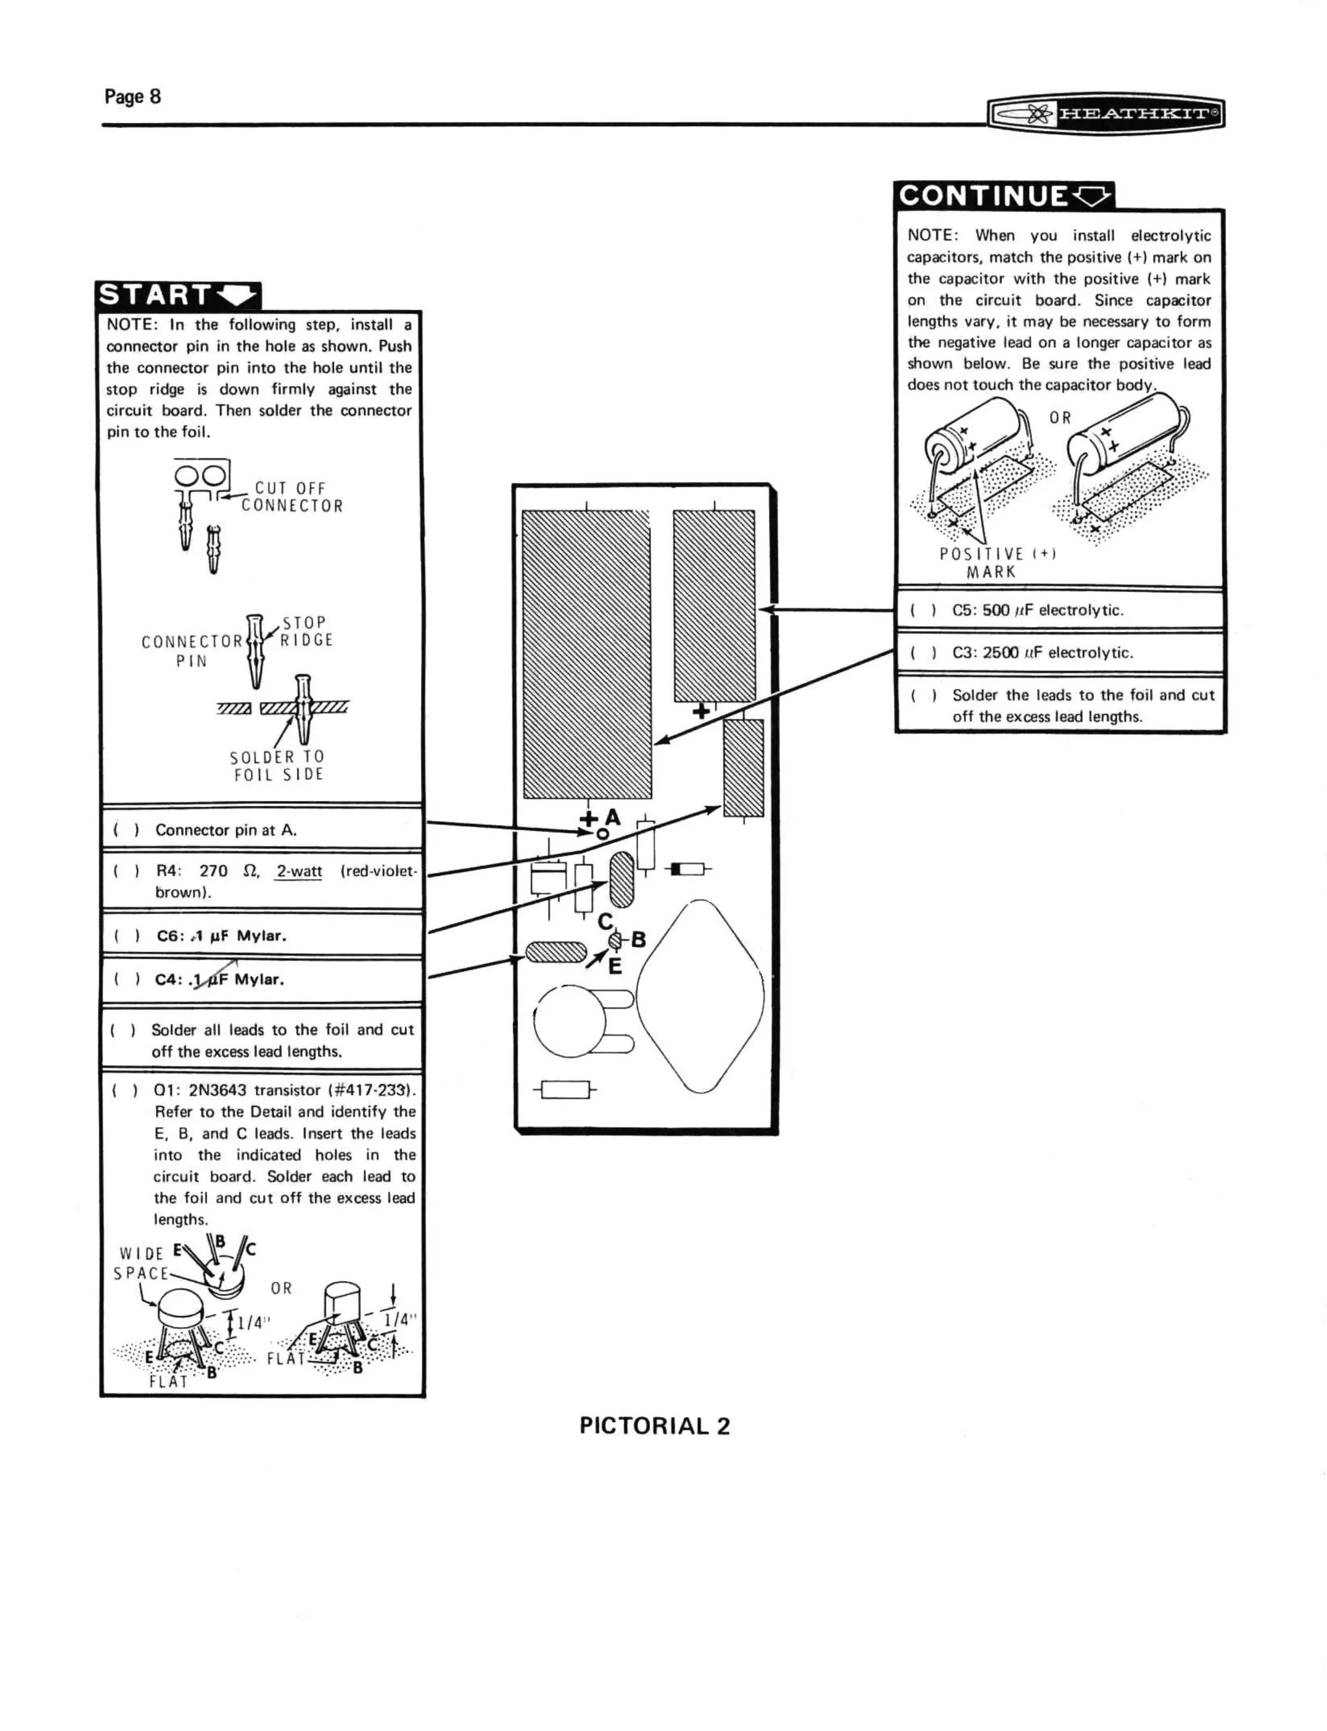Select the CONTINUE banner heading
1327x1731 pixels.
tap(1003, 195)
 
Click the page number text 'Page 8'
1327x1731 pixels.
tap(133, 96)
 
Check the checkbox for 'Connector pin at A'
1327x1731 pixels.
tap(126, 830)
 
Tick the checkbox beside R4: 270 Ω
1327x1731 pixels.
tap(126, 871)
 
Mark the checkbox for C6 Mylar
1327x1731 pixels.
tap(126, 936)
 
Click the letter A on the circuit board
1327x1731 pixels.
tap(613, 817)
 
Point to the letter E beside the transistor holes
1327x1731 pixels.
tap(615, 966)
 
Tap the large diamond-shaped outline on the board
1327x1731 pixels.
tap(700, 997)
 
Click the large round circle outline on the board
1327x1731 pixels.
tap(570, 1021)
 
